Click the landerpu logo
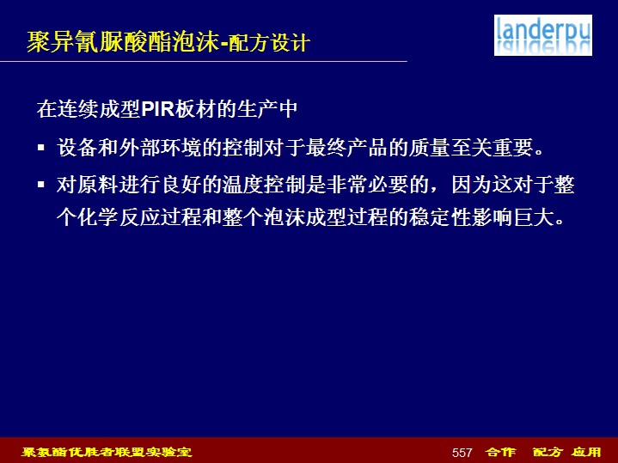pyautogui.click(x=542, y=35)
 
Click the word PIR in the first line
pyautogui.click(x=157, y=109)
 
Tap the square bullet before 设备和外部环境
pyautogui.click(x=41, y=148)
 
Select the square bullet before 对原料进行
pyautogui.click(x=41, y=185)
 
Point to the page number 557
pyautogui.click(x=462, y=453)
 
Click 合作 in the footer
pyautogui.click(x=500, y=452)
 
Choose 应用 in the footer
pyautogui.click(x=586, y=452)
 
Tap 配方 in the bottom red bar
pyautogui.click(x=548, y=452)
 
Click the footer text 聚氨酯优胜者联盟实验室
pyautogui.click(x=107, y=452)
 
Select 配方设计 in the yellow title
pyautogui.click(x=270, y=43)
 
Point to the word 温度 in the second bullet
pyautogui.click(x=243, y=185)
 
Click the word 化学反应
pyautogui.click(x=119, y=217)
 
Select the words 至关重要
pyautogui.click(x=492, y=148)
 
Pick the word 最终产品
pyautogui.click(x=347, y=148)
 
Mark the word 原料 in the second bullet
pyautogui.click(x=98, y=185)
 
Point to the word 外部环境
pyautogui.click(x=160, y=148)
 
